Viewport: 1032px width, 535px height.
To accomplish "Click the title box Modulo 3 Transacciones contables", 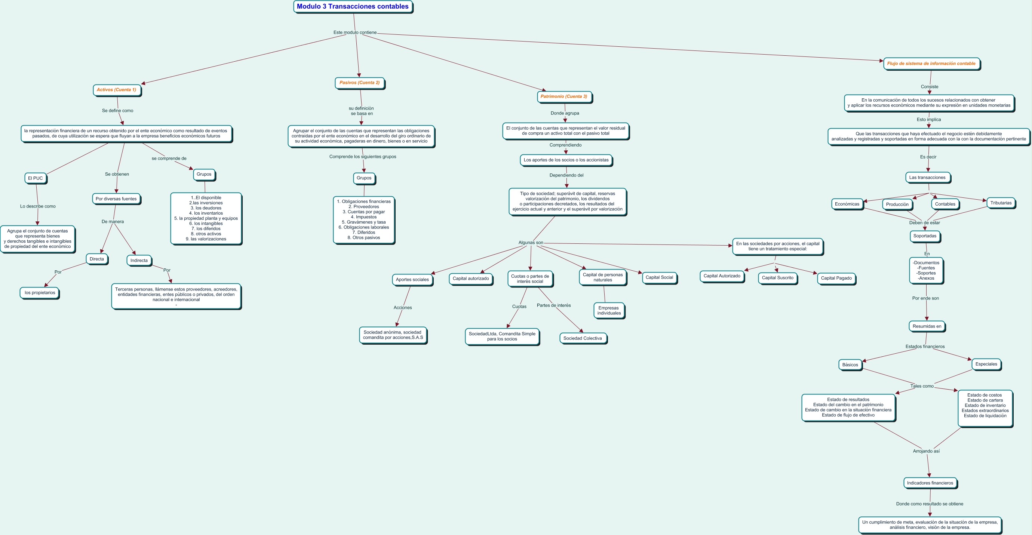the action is coord(353,7).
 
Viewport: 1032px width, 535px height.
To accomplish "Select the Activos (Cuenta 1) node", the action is coord(117,90).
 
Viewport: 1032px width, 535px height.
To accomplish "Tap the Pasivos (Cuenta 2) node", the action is coord(359,83).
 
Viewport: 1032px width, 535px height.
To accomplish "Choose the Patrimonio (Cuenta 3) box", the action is coord(564,96).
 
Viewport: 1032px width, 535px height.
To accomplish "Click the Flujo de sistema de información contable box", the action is coord(931,64).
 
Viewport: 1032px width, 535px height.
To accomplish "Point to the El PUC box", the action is coord(35,178).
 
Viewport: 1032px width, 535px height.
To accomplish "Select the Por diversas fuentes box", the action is coord(116,199).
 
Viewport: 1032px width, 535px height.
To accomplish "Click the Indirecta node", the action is coord(139,261).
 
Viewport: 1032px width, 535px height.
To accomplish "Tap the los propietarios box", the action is coord(40,293).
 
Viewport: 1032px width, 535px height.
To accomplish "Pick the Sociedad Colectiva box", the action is coord(583,338).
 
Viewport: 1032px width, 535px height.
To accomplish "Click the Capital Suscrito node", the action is coord(777,278).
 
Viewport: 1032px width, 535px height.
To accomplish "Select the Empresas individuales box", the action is coord(609,311).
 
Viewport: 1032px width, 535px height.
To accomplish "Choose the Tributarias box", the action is coord(1000,203).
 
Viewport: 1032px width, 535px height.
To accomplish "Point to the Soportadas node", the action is coord(925,236).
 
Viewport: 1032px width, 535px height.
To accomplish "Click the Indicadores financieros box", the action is coord(930,483).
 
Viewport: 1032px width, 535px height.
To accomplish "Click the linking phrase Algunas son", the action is coord(531,243).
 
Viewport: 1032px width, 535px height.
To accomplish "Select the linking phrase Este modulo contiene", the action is coord(355,33).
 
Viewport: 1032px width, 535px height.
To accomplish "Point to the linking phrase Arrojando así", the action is coord(926,451).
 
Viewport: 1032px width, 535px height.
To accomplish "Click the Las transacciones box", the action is coord(927,178).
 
